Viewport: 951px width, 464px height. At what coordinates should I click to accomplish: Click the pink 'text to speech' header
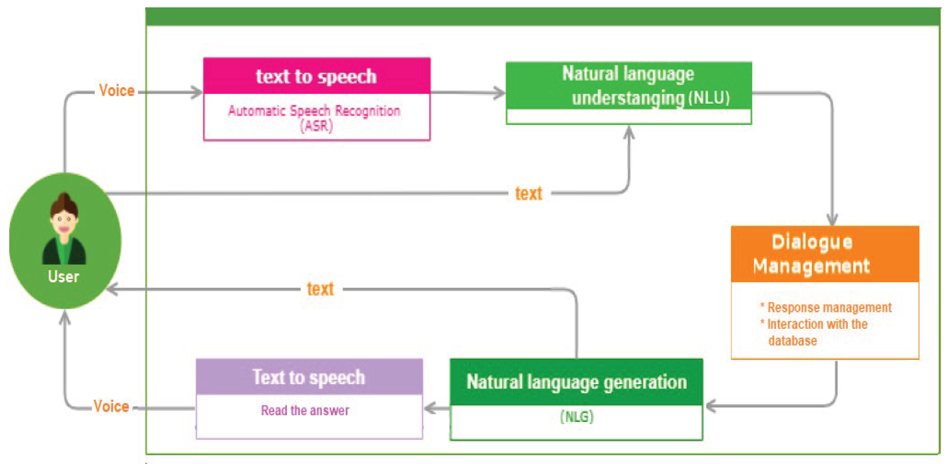point(316,76)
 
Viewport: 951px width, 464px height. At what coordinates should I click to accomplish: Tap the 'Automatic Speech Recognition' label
point(314,110)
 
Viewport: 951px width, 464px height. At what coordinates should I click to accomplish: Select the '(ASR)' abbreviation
point(316,126)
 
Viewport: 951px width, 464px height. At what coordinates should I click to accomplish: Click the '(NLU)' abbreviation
point(709,98)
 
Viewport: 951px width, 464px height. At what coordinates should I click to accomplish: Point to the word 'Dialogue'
point(812,242)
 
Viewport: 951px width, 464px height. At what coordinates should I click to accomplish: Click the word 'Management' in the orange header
point(812,266)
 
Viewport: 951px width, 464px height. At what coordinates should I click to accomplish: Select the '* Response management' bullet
point(826,307)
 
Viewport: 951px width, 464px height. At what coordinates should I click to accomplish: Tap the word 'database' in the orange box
point(793,341)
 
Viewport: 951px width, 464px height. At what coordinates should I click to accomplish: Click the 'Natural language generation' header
point(577,382)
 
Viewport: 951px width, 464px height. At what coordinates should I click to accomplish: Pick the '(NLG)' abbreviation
point(577,417)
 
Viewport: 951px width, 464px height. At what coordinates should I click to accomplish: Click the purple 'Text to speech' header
point(309,377)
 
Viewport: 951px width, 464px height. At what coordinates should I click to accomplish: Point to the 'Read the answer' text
point(305,411)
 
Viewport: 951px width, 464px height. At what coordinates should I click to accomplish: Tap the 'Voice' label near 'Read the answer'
point(111,406)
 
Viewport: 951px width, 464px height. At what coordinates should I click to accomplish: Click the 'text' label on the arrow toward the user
point(320,289)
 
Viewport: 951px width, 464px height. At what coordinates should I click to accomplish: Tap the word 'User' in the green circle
point(64,277)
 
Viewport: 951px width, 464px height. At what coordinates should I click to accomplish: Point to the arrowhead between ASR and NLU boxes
point(499,93)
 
